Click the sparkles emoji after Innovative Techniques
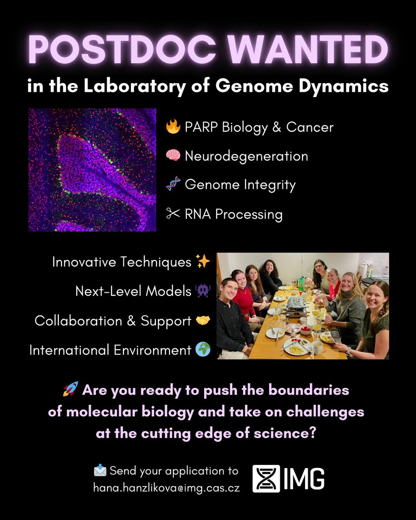coord(203,262)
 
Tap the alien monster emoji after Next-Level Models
coord(203,291)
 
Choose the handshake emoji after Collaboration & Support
coord(203,321)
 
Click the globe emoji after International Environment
coord(203,350)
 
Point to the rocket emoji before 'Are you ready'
coord(71,390)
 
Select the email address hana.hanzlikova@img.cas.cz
coord(166,487)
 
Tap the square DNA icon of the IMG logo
coord(266,479)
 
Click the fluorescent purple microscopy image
coord(92,170)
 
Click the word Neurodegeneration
coord(246,156)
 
